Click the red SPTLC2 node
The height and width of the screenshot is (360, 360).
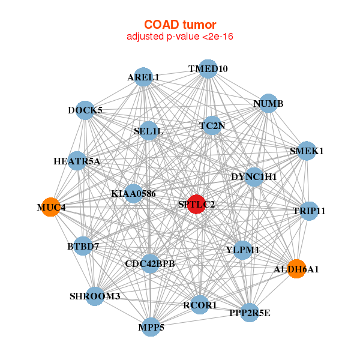point(196,204)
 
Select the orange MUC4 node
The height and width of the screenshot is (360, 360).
point(51,207)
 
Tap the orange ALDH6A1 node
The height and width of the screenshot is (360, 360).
point(295,268)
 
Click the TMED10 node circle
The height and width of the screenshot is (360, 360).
point(208,68)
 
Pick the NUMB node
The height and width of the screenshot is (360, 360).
point(268,103)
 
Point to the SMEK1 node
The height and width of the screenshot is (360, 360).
point(307,151)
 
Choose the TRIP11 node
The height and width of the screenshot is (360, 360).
point(309,211)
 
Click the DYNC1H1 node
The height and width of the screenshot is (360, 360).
point(254,176)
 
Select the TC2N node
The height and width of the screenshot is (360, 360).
point(212,125)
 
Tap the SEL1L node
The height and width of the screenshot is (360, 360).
point(149,130)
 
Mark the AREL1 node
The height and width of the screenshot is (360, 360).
point(143,77)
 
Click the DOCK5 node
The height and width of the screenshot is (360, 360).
point(85,110)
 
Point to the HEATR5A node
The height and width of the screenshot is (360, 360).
point(77,161)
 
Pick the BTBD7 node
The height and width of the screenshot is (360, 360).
point(83,246)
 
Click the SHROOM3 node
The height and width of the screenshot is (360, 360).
point(95,296)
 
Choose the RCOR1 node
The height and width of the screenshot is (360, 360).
point(200,305)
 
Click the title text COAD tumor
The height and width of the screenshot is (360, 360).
point(180,25)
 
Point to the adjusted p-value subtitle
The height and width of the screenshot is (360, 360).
point(180,37)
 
